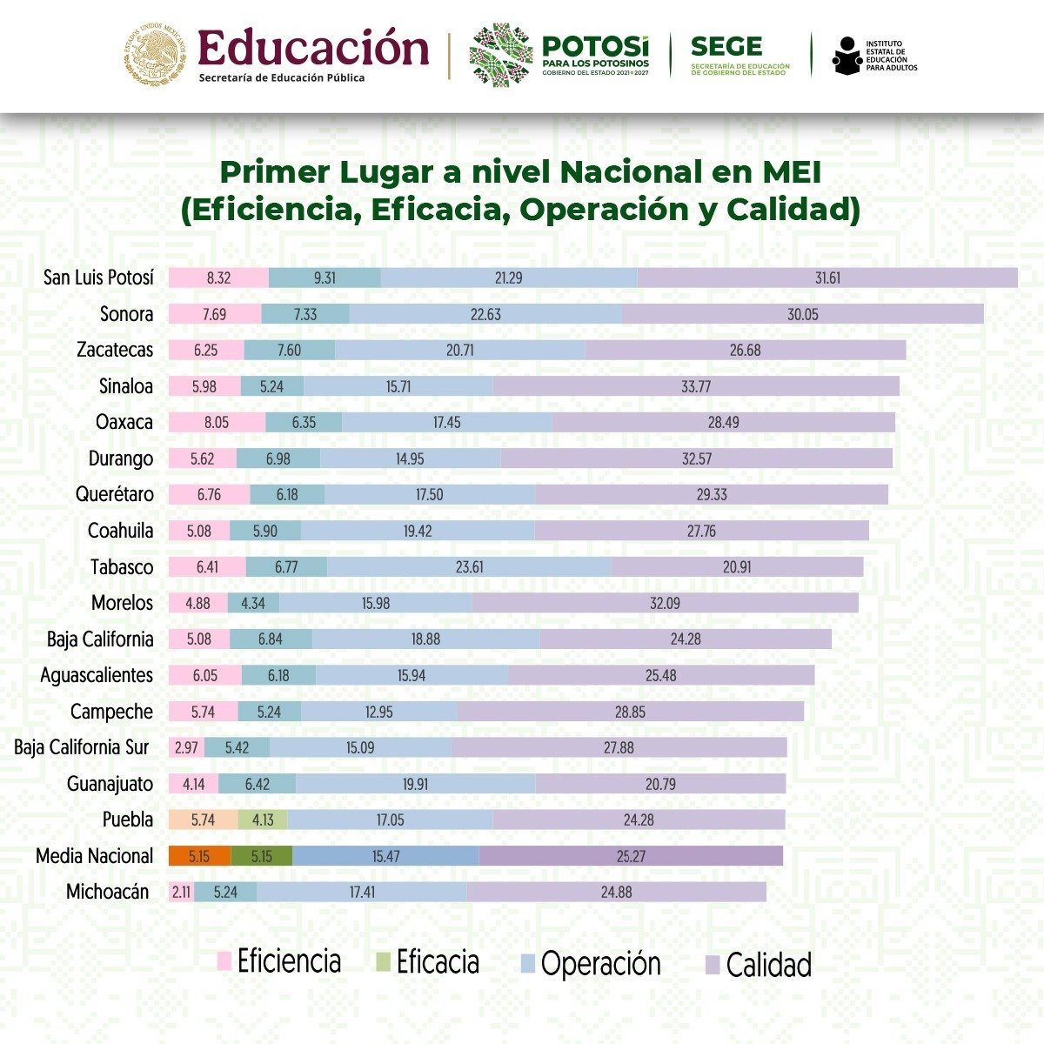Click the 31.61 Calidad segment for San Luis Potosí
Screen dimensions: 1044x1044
(x=827, y=278)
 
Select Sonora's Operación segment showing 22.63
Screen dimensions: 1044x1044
(x=485, y=314)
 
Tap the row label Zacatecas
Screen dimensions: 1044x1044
(x=115, y=350)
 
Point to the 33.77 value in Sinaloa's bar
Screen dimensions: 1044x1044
(x=696, y=386)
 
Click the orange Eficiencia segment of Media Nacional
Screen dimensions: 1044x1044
(x=199, y=856)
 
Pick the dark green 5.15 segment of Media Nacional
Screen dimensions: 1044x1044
(x=262, y=856)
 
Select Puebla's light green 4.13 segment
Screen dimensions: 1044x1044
(x=263, y=820)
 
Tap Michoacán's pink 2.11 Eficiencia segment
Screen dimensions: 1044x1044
(x=181, y=892)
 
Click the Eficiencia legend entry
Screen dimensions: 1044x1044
(x=279, y=961)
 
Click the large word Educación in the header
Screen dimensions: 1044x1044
(x=313, y=49)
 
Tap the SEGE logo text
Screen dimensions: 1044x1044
(x=726, y=47)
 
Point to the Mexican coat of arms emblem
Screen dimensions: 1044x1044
(x=156, y=56)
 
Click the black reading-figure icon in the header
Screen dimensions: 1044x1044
(x=846, y=56)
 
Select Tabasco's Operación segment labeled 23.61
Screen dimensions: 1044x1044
(x=469, y=567)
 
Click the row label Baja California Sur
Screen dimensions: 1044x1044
(x=82, y=747)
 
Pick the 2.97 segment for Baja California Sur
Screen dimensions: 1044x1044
(x=186, y=747)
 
